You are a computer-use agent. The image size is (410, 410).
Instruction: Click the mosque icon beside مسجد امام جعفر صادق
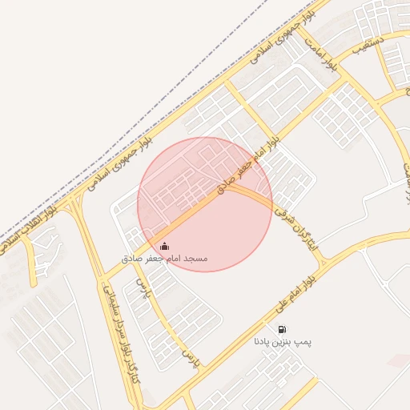tap(164, 247)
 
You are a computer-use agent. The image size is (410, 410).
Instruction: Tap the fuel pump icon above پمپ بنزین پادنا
tap(282, 329)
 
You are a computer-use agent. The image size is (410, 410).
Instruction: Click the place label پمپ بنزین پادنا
tap(282, 342)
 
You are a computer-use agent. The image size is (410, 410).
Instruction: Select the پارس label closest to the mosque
tap(143, 286)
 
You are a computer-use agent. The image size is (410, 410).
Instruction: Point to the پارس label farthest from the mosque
tap(189, 355)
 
